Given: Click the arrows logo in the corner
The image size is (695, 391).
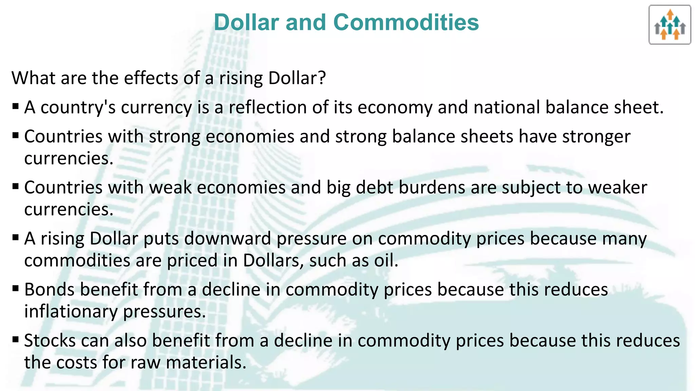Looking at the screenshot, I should click(670, 25).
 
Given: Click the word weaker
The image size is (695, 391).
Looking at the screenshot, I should click(617, 187).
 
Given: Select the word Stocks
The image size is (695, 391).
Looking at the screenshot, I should click(50, 340).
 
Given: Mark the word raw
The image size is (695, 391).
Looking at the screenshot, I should click(145, 362).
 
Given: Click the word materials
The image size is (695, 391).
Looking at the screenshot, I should click(206, 362).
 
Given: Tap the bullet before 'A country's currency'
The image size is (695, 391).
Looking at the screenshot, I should click(16, 107).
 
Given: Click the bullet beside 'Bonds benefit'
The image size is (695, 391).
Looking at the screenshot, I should click(16, 289).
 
